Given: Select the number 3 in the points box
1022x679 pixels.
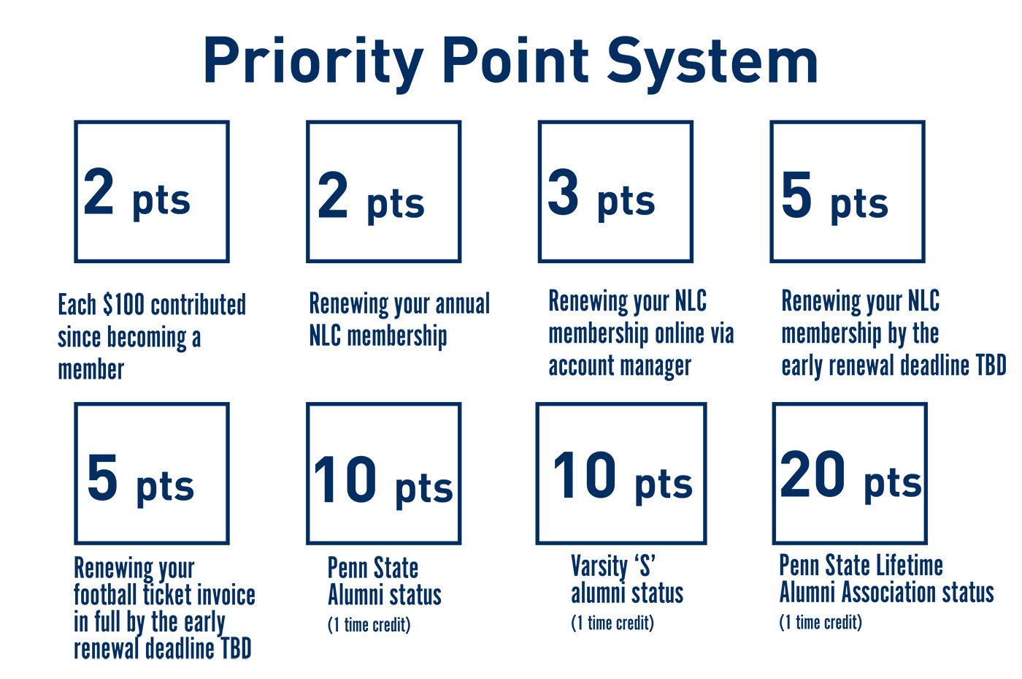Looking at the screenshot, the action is tap(563, 192).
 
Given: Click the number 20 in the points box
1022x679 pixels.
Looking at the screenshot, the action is tap(812, 474).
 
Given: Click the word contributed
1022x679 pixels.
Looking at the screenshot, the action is tap(198, 304).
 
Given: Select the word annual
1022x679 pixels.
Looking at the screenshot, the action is tap(463, 303).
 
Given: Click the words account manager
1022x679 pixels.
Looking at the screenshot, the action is tap(620, 366).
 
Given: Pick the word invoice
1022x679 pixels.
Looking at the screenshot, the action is tap(226, 594).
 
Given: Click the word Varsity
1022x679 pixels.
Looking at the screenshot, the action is tap(599, 566).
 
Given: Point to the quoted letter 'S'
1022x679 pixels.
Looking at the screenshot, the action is tap(645, 565).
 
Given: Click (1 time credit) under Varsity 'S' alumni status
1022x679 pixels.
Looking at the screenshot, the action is tap(612, 623).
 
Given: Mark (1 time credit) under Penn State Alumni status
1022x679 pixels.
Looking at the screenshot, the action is tap(369, 625).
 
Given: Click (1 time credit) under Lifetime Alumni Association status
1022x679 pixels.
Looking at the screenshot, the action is tap(821, 622).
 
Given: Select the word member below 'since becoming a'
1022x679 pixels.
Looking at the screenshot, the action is tap(91, 369).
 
